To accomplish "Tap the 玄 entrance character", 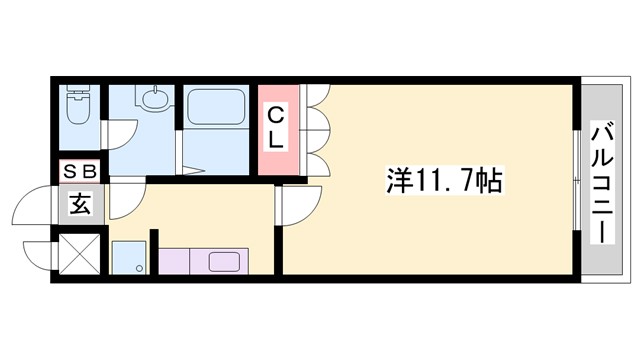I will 79,206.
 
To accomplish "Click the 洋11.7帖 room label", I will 444,182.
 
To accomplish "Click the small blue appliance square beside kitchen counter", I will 127,259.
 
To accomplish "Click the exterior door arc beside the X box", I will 36,253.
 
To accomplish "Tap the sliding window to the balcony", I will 577,181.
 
